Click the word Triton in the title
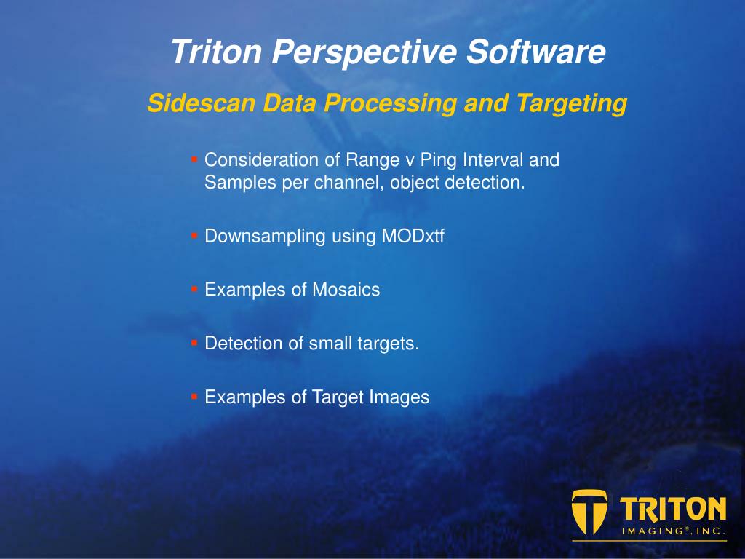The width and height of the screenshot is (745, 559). click(x=217, y=52)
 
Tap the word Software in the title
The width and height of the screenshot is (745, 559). click(x=536, y=52)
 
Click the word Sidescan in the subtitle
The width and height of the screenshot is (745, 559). click(x=202, y=103)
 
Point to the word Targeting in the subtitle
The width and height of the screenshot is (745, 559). click(x=572, y=104)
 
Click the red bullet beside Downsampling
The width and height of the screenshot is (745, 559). click(x=194, y=235)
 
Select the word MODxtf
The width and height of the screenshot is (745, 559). click(x=413, y=236)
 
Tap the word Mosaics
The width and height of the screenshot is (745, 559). click(x=346, y=290)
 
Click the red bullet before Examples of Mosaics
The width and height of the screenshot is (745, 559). click(x=194, y=288)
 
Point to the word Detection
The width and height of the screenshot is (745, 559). click(x=244, y=344)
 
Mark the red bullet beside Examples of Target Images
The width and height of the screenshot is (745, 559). click(x=194, y=396)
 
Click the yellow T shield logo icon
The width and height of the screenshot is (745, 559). click(x=589, y=512)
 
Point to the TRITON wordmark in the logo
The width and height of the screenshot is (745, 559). click(x=673, y=509)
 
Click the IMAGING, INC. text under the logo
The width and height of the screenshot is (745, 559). click(x=674, y=531)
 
